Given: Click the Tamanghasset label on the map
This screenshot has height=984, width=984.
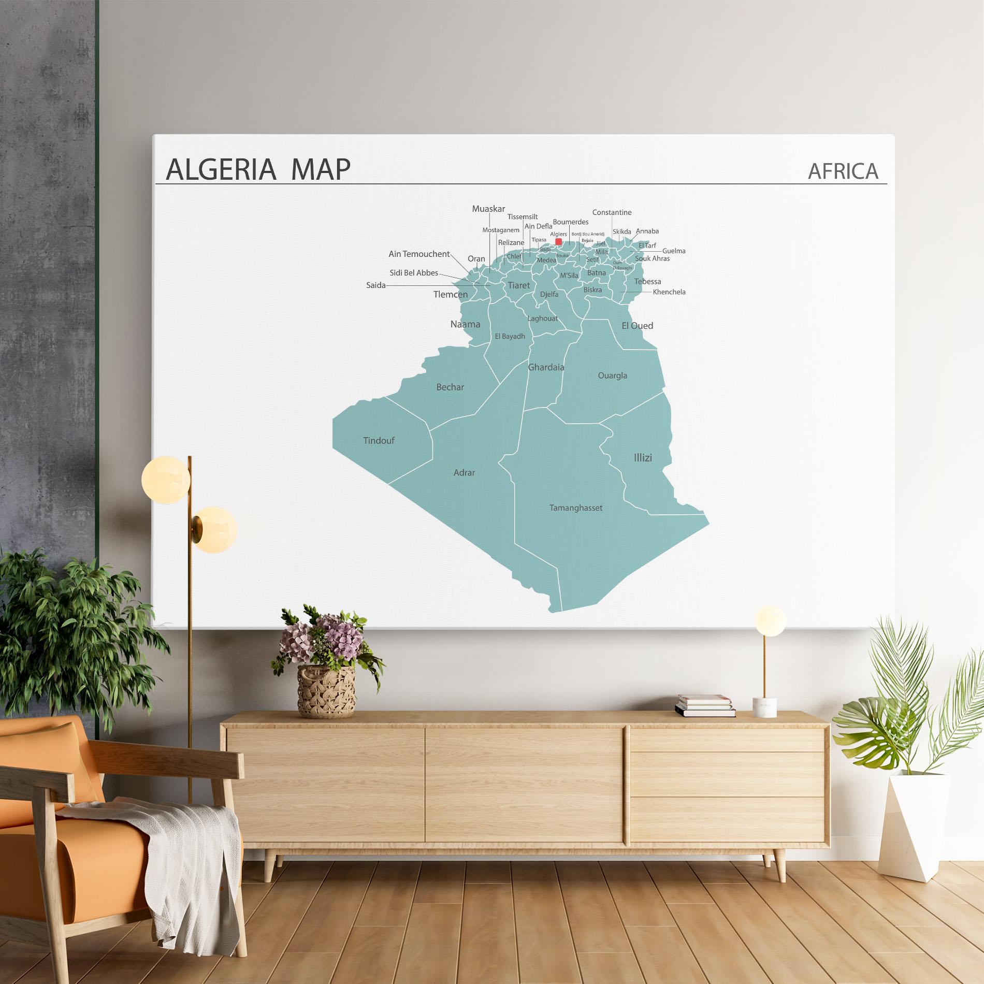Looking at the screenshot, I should pyautogui.click(x=576, y=508).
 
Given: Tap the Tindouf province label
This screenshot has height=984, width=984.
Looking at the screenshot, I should pyautogui.click(x=379, y=441).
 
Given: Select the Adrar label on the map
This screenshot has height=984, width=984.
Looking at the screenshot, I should pyautogui.click(x=464, y=473).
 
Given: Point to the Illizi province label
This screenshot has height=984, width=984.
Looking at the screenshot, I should pyautogui.click(x=643, y=458).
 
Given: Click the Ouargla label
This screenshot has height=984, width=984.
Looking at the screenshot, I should pyautogui.click(x=612, y=376).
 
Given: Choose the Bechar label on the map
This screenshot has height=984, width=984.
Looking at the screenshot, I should pyautogui.click(x=450, y=387).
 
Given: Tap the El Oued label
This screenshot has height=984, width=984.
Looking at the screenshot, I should pyautogui.click(x=637, y=326).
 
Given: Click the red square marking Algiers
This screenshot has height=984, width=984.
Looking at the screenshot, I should pyautogui.click(x=558, y=241).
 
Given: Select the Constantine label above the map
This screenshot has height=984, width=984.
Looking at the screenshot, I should pyautogui.click(x=612, y=212).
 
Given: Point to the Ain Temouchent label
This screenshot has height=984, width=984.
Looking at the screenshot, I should pyautogui.click(x=419, y=254).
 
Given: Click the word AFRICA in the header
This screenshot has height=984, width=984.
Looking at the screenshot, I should pyautogui.click(x=843, y=171).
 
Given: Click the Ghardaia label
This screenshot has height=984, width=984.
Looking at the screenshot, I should pyautogui.click(x=546, y=368).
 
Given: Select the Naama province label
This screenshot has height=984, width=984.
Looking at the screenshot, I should pyautogui.click(x=465, y=325).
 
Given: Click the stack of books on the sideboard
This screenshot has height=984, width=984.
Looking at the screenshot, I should pyautogui.click(x=705, y=705).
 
